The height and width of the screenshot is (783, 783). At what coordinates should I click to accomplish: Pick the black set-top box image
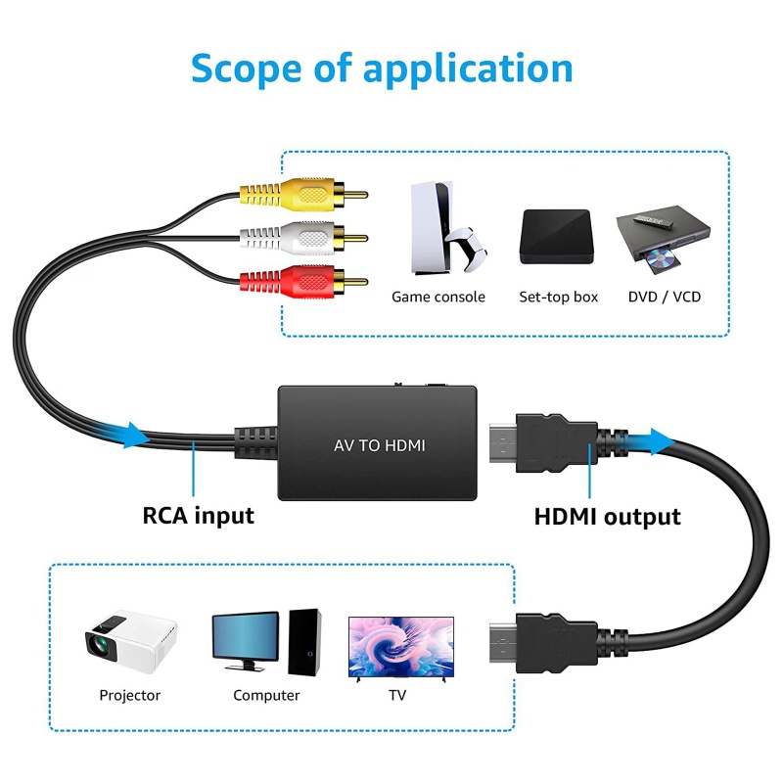[x=558, y=238]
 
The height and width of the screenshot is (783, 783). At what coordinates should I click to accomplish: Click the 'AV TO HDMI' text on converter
[x=379, y=445]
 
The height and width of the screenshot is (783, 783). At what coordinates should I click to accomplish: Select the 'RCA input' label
[x=199, y=515]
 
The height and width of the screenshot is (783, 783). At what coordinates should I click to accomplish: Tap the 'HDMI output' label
[x=607, y=516]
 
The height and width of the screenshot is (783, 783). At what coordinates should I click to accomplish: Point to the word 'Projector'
[x=129, y=695]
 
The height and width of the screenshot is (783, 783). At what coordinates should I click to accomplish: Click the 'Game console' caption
[x=438, y=297]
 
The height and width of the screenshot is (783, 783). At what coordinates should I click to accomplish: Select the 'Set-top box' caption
[x=558, y=297]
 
